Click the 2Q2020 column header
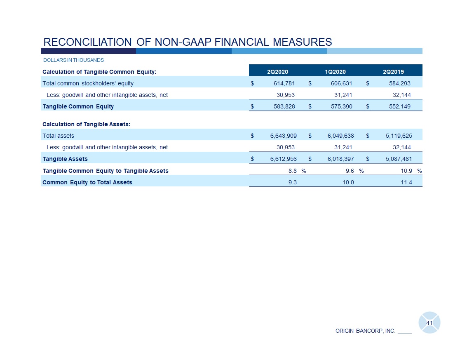(277, 72)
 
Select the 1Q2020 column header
(335, 72)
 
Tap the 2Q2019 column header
(393, 72)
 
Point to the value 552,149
(399, 106)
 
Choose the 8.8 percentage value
(292, 171)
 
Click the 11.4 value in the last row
(406, 182)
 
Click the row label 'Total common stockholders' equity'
(88, 83)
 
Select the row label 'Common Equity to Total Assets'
(87, 182)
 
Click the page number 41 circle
(429, 323)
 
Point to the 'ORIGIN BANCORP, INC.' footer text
(365, 331)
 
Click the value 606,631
(340, 83)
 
